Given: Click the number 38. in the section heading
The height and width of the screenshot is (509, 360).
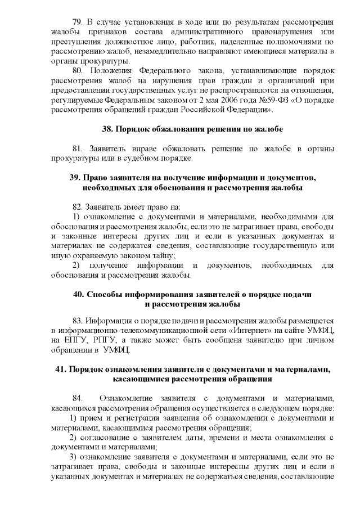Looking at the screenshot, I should [x=108, y=129].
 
